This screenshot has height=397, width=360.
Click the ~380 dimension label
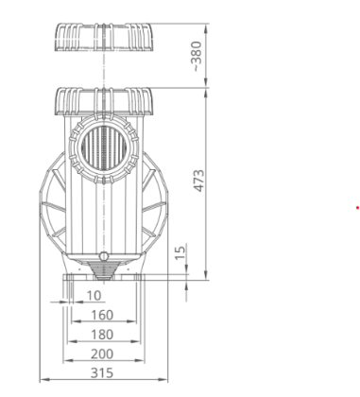click(197, 56)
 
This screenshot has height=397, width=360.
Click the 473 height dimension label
click(198, 181)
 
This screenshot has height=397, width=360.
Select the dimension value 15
click(180, 252)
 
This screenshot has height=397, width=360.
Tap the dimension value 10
click(94, 296)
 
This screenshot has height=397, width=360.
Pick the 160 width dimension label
click(102, 315)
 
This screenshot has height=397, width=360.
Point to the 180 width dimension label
click(102, 335)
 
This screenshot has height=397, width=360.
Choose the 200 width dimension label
click(102, 354)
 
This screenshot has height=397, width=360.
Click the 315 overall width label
click(102, 373)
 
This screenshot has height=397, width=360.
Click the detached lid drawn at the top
click(104, 37)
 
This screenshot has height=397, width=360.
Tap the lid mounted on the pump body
click(104, 101)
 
